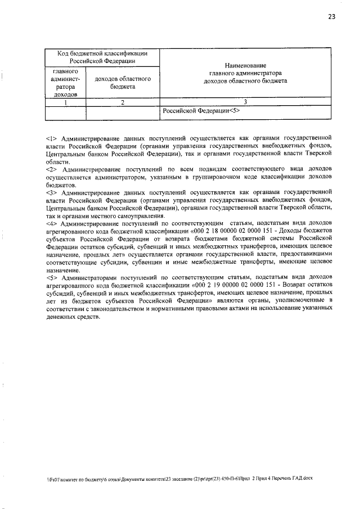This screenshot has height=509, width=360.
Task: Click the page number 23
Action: pos(331,17)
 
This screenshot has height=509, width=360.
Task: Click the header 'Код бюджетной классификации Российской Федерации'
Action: pos(102,57)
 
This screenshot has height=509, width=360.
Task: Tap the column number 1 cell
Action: pos(65,102)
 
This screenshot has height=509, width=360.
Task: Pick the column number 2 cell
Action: pos(122,102)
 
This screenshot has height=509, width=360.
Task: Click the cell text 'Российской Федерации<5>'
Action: pos(193,111)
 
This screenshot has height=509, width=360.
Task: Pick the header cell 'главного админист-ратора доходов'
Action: pos(65,83)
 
